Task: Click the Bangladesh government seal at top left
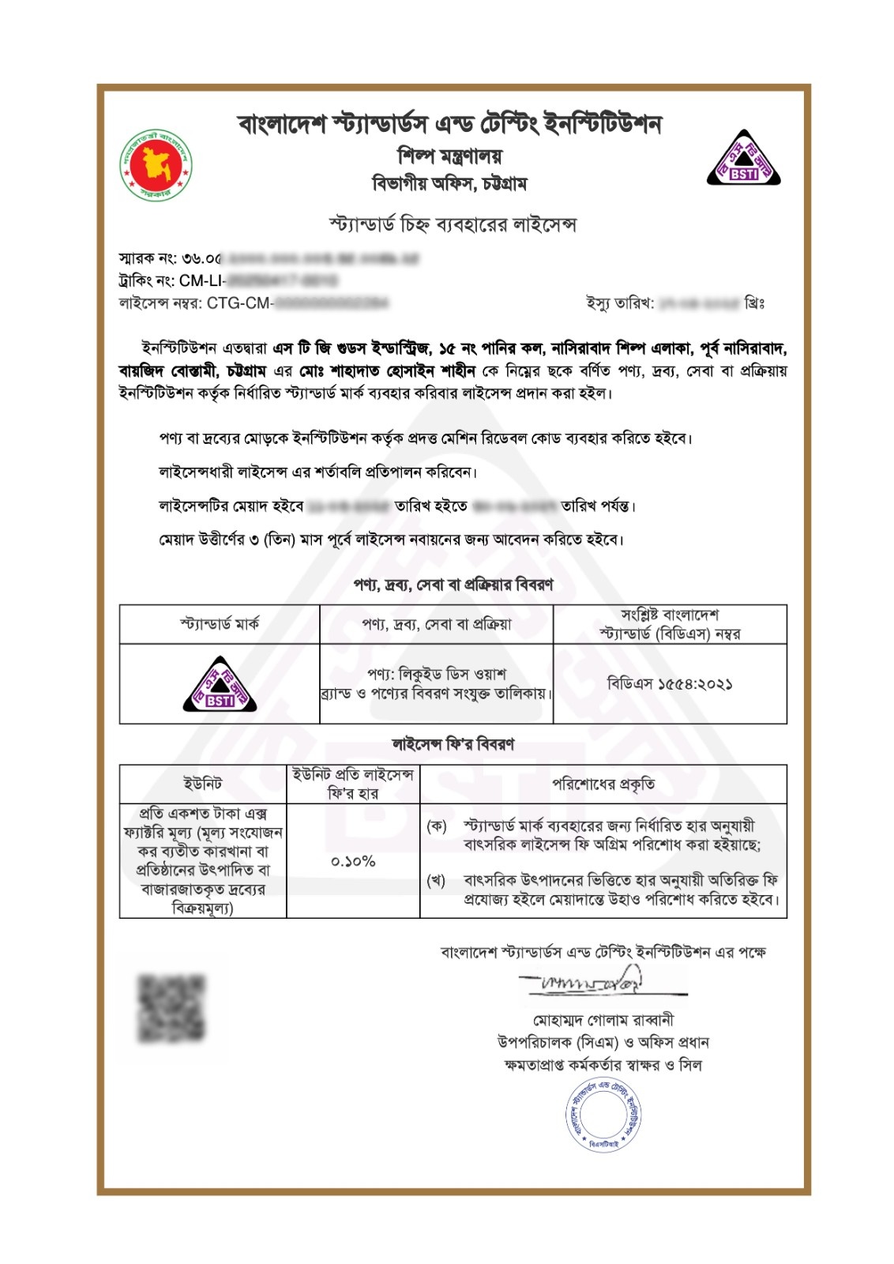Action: tap(156, 165)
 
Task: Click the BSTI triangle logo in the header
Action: tap(743, 159)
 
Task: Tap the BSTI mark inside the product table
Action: tap(220, 685)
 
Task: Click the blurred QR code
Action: tap(171, 1007)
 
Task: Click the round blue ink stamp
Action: tap(603, 1113)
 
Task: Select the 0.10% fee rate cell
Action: tap(353, 861)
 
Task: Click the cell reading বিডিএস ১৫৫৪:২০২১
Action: tap(670, 684)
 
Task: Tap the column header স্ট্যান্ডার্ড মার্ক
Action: tap(219, 624)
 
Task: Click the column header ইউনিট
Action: tap(203, 784)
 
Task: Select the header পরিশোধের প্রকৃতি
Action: tap(603, 784)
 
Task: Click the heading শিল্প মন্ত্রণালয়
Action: tap(449, 156)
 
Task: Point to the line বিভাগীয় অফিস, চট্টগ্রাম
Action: tap(449, 184)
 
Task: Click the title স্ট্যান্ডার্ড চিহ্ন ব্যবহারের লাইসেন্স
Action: tap(453, 225)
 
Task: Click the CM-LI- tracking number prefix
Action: tap(202, 280)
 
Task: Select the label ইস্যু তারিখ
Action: tap(620, 303)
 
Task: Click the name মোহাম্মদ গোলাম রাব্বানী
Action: tap(603, 1020)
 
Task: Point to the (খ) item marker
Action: tap(436, 880)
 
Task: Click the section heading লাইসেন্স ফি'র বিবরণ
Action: tap(453, 744)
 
